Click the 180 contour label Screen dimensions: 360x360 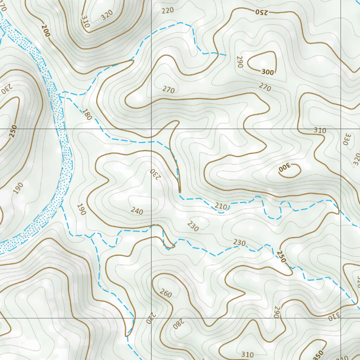(86, 115)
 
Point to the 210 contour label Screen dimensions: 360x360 (221, 206)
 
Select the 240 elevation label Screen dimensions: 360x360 (137, 211)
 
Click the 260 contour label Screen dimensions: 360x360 (166, 293)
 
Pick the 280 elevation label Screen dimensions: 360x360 (178, 324)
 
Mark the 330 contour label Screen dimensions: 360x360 (346, 139)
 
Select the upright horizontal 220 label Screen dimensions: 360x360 (168, 11)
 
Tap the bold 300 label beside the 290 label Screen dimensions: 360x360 (268, 72)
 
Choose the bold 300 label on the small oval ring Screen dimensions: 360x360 (284, 169)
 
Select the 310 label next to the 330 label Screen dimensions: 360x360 (320, 130)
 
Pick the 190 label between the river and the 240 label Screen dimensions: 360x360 (81, 210)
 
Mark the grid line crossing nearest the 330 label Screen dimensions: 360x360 (341, 129)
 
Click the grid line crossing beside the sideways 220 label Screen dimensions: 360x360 (152, 318)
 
